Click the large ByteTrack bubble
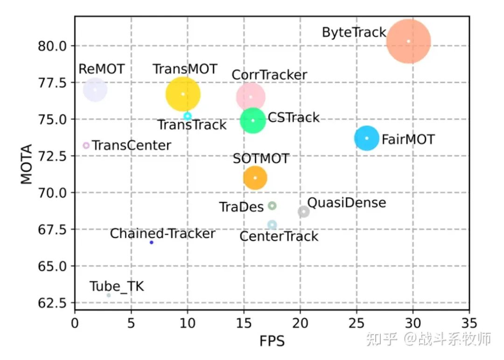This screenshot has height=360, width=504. pos(408,41)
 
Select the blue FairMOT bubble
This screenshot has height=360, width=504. pos(367,138)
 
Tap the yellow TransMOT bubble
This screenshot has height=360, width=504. pos(183,94)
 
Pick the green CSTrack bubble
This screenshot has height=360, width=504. pos(253,120)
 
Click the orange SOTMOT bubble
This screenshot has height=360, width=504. pos(255,178)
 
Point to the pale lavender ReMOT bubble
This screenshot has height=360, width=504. pos(95,90)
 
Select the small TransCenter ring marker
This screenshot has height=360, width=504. pos(86,145)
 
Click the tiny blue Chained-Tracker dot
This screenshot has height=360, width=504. pos(151,242)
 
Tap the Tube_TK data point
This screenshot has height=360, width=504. pos(108,295)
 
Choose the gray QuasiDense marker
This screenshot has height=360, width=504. pos(304,212)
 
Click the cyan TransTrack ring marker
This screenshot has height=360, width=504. pos(188,116)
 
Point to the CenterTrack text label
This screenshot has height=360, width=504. pos(279,236)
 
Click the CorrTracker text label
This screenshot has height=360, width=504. pos(269,75)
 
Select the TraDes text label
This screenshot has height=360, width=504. pos(241,207)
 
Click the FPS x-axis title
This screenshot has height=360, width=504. pos(272,341)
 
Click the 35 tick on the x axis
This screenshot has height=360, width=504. pos(469,323)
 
